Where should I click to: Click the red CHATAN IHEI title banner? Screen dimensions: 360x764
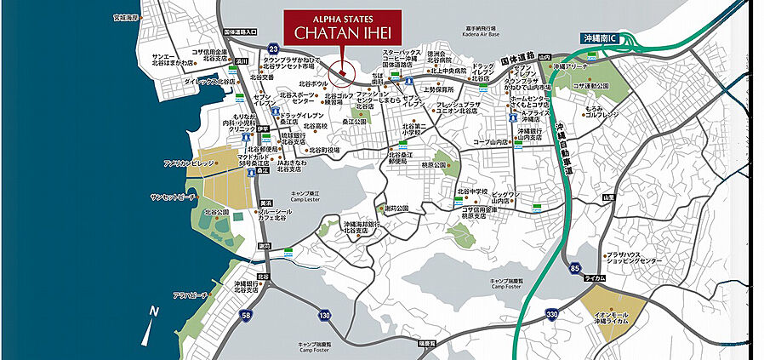coord(341,26)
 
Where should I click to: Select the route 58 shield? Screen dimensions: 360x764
coord(246,316)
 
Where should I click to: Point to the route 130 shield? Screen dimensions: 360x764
coord(324,316)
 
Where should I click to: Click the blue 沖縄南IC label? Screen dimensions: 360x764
coord(605,39)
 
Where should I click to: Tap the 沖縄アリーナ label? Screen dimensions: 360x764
coord(572,66)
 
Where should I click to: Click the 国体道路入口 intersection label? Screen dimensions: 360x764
coord(240,32)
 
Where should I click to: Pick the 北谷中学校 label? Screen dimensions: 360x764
coord(472,191)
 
